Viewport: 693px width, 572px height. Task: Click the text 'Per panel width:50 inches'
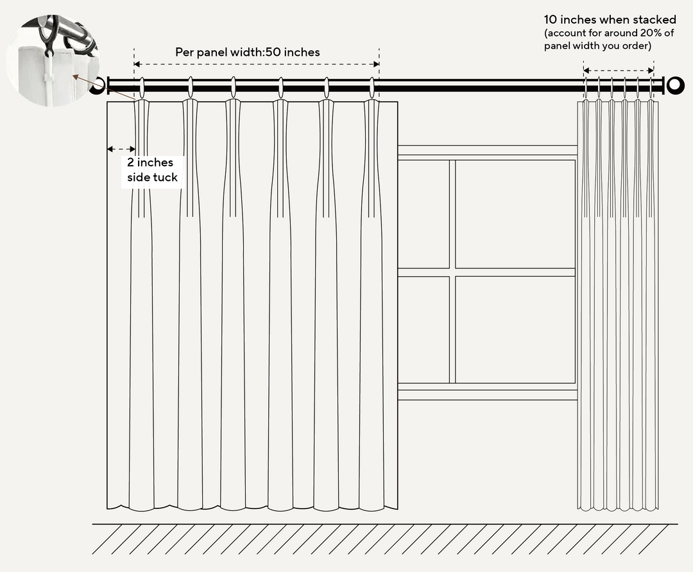coord(248,52)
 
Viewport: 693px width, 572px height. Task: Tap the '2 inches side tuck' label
coord(151,170)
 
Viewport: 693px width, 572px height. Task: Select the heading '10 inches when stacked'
coord(610,20)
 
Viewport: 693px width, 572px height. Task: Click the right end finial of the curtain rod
coord(675,85)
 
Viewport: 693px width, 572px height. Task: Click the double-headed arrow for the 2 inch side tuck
coord(121,149)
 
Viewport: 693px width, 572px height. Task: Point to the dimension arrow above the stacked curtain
coord(619,71)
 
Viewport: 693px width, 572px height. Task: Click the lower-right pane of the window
coord(515,329)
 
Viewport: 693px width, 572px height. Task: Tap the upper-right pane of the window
coord(515,214)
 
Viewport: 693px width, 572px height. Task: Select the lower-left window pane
coord(424,329)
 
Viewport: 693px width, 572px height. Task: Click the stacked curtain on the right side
coord(618,302)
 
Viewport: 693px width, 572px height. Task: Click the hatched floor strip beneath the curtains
coord(385,539)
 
